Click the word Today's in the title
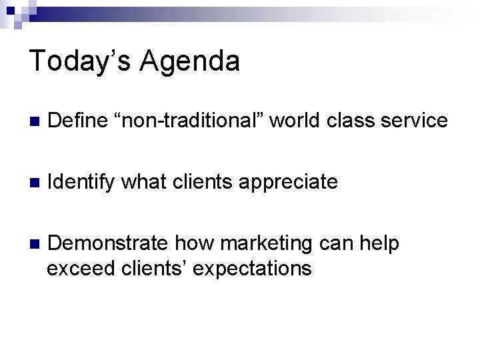(82, 61)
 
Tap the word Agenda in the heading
(190, 61)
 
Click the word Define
(78, 121)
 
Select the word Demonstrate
(109, 244)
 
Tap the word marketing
(265, 245)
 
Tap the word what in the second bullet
(144, 182)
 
